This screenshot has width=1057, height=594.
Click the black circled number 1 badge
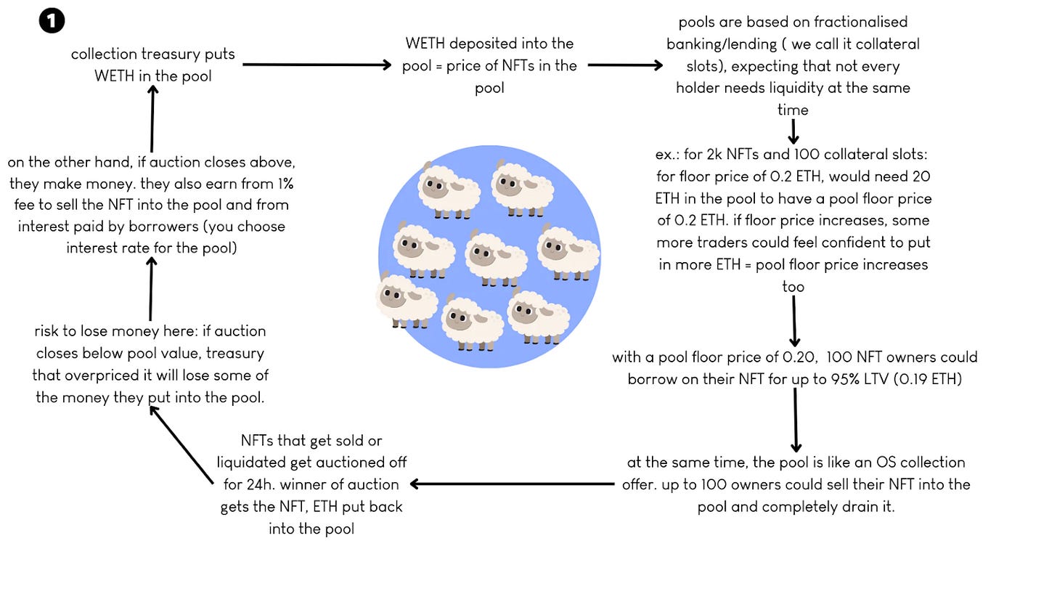(52, 20)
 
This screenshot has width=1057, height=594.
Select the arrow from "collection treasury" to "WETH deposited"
(317, 65)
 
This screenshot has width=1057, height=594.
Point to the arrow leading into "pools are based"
(625, 65)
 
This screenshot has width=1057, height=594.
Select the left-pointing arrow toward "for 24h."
(512, 484)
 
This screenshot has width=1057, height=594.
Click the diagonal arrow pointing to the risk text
(181, 444)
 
